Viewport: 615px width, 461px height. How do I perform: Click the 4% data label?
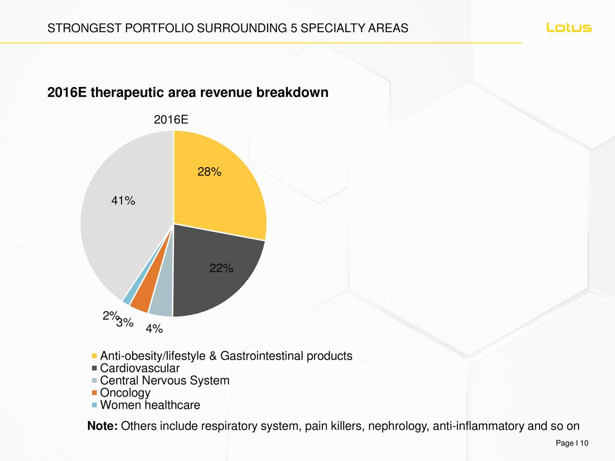point(154,329)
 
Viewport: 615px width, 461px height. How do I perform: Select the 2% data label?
point(109,316)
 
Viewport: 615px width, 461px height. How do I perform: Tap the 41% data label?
point(123,201)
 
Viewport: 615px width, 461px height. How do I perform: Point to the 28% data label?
point(209,172)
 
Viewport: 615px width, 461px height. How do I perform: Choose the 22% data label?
point(221,268)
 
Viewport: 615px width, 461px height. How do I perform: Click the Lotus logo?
point(569,28)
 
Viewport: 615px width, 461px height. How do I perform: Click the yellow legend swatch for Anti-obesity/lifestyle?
point(94,356)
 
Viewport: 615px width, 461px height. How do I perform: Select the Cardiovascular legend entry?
point(139,368)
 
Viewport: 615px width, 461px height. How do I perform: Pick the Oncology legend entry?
point(125,393)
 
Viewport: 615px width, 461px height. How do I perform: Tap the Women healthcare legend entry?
point(149,405)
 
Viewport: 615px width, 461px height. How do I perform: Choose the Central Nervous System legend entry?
point(164,381)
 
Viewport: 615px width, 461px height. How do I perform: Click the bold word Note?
point(102,426)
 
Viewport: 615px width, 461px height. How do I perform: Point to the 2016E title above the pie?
point(171,120)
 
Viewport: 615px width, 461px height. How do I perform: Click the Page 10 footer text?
point(572,443)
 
